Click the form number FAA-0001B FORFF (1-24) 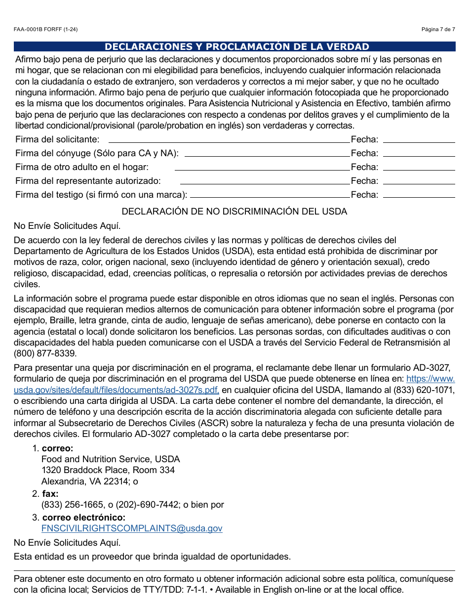(45, 30)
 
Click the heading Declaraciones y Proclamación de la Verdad (237, 47)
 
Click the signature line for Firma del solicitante (229, 142)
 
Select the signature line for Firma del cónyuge (267, 156)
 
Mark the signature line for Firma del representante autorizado (265, 183)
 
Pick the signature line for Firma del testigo (270, 197)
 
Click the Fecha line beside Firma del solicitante (419, 142)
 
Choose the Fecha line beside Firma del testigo (419, 197)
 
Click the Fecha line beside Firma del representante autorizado (419, 183)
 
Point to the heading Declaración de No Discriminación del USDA (234, 212)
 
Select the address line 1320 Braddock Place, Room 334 (108, 470)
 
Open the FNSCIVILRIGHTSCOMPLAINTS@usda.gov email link (132, 528)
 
